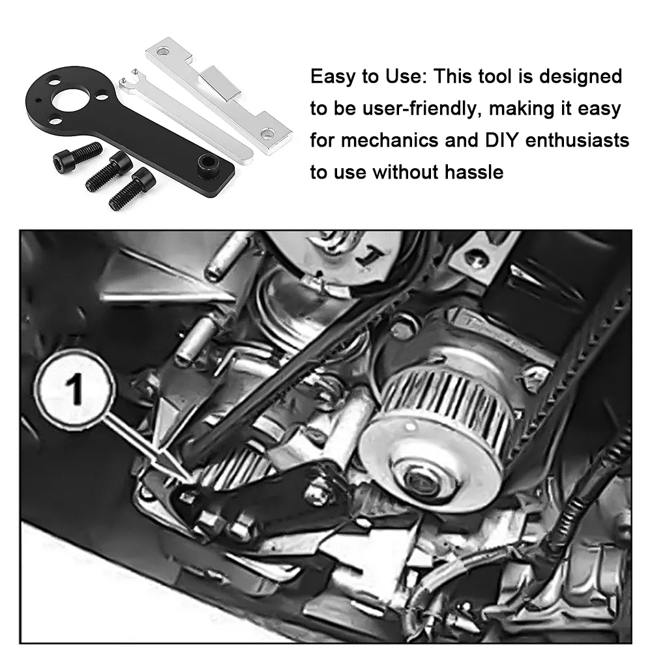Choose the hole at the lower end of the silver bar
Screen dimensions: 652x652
[267, 135]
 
